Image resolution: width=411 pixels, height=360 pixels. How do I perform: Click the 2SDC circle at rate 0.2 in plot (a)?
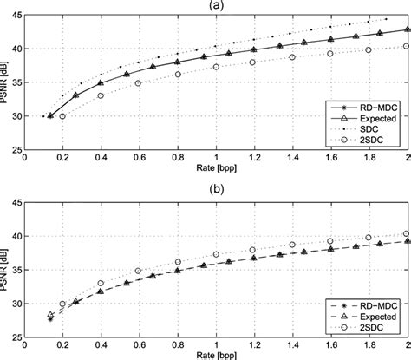pos(62,115)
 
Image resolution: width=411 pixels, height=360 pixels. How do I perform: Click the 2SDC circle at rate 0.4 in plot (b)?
pos(101,283)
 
